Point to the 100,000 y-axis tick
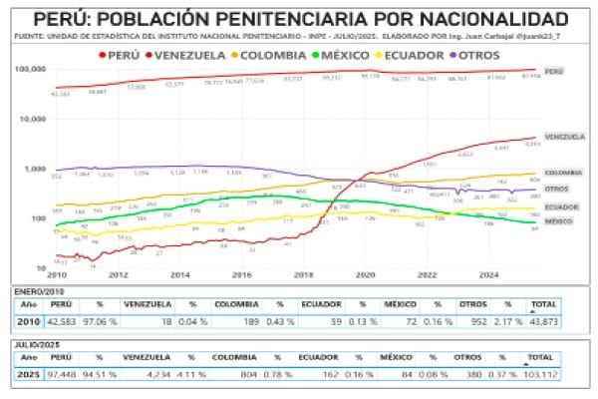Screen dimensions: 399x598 coord(32,69)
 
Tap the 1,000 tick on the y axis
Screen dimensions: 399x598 coord(36,169)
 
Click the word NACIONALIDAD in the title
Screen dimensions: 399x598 coord(488,20)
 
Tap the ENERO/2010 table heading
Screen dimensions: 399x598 coord(37,287)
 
